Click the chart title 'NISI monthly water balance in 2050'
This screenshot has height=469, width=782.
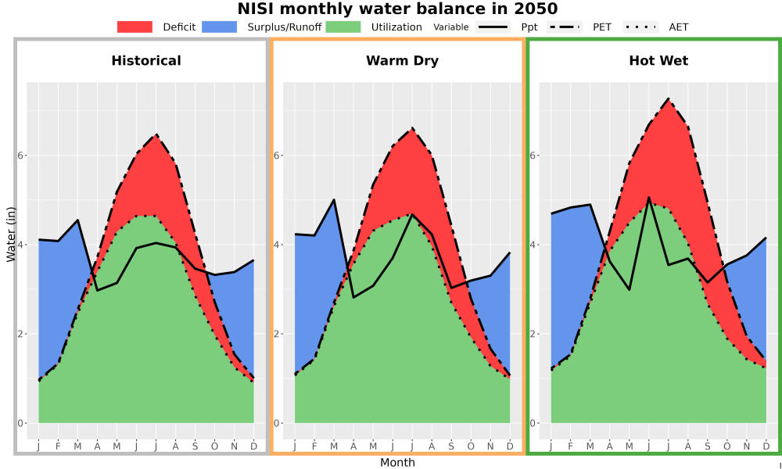pyautogui.click(x=397, y=9)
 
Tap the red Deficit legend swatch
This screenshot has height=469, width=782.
pyautogui.click(x=135, y=27)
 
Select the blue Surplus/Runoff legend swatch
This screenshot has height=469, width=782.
pyautogui.click(x=220, y=27)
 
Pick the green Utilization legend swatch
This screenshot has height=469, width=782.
pyautogui.click(x=343, y=27)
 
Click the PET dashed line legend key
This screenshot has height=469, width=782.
pyautogui.click(x=565, y=27)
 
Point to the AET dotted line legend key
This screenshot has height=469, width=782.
pyautogui.click(x=640, y=27)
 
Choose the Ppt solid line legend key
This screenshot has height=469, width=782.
pyautogui.click(x=493, y=27)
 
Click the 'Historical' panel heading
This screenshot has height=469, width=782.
pyautogui.click(x=146, y=61)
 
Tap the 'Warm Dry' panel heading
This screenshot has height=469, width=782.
pyautogui.click(x=402, y=61)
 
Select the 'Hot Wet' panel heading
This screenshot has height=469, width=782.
pyautogui.click(x=658, y=61)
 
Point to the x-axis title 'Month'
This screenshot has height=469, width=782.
pyautogui.click(x=397, y=463)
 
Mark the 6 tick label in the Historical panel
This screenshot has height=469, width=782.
pyautogui.click(x=21, y=156)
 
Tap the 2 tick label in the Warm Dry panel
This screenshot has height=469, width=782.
pyautogui.click(x=277, y=334)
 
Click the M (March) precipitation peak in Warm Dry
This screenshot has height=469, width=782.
pyautogui.click(x=334, y=200)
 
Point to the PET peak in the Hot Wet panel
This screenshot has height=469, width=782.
pyautogui.click(x=669, y=98)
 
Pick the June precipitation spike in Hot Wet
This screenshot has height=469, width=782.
pyautogui.click(x=649, y=197)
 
